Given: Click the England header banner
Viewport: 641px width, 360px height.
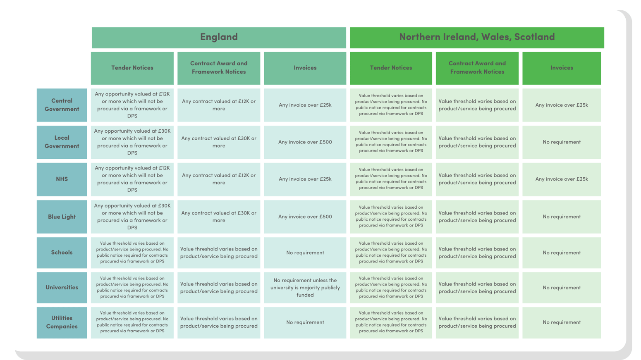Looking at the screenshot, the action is [x=219, y=37].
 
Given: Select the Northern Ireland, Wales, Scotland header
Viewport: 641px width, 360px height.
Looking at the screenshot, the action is [x=476, y=37].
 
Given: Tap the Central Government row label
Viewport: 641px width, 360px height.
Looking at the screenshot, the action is [x=62, y=105].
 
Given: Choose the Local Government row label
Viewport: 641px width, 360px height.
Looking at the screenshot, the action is [x=62, y=142].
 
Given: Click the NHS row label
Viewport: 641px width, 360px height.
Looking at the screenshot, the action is [x=62, y=179].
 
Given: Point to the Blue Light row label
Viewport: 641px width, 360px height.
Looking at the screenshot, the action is [x=62, y=217].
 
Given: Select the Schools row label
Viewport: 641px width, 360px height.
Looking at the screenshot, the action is [x=62, y=253].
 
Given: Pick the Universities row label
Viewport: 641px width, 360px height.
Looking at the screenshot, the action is [x=62, y=287].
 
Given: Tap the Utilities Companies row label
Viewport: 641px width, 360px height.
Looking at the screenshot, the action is [x=62, y=322].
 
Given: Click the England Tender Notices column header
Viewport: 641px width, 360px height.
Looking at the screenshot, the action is [x=132, y=68].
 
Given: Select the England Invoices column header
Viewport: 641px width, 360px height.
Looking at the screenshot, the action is [x=305, y=68].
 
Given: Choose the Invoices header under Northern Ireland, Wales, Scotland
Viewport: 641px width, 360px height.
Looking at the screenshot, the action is [x=561, y=68].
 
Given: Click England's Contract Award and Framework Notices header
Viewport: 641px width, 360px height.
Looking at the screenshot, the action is [x=219, y=68].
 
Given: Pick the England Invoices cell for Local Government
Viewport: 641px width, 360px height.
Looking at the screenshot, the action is [x=305, y=142].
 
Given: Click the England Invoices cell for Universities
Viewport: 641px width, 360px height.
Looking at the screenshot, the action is [x=305, y=288].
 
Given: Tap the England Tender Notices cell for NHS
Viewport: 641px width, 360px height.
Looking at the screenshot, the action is [x=132, y=179].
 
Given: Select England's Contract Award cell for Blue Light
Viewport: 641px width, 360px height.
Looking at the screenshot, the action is [x=219, y=217].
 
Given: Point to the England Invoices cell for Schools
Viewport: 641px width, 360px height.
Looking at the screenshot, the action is [x=305, y=253].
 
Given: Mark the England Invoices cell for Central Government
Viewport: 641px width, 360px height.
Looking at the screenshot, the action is [x=305, y=105].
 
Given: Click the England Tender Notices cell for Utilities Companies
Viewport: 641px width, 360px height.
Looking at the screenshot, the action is [x=132, y=322].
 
